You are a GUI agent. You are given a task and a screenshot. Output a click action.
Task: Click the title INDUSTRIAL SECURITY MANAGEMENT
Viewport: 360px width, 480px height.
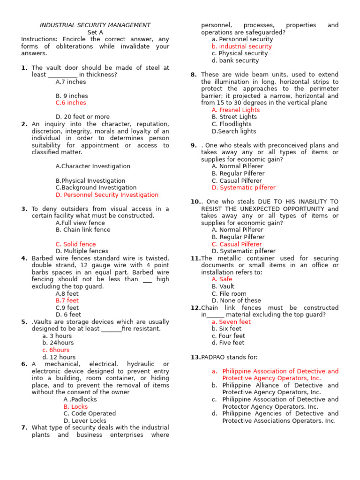tap(95, 25)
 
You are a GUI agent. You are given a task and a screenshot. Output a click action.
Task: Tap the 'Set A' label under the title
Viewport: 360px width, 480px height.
tap(95, 32)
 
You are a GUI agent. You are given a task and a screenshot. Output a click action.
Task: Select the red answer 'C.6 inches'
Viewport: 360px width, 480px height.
tap(71, 103)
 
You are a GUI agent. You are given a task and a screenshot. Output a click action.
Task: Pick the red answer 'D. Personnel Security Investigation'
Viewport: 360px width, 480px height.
tap(107, 195)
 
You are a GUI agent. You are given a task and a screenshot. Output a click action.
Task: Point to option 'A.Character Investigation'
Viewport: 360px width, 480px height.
tap(93, 166)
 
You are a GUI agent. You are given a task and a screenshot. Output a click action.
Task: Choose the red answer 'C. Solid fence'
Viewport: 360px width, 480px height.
tap(75, 244)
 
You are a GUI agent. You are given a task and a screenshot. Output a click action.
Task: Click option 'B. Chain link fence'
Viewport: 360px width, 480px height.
tap(83, 230)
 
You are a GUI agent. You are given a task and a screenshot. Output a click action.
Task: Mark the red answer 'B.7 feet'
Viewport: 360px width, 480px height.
tap(67, 301)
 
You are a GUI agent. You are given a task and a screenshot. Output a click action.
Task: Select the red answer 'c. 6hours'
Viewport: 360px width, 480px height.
tap(56, 350)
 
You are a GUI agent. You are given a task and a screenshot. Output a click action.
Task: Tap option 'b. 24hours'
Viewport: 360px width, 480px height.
tap(58, 343)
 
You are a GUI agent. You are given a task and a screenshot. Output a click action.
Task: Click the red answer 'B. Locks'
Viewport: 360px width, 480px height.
tap(75, 407)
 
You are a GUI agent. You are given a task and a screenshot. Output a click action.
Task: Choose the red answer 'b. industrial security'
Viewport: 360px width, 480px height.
tap(241, 46)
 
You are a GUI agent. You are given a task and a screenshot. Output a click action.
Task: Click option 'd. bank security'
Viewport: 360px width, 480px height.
tap(235, 60)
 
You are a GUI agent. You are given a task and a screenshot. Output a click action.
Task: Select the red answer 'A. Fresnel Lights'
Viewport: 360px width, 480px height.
tap(235, 110)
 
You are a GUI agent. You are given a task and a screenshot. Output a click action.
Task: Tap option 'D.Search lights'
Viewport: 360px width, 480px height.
tap(234, 131)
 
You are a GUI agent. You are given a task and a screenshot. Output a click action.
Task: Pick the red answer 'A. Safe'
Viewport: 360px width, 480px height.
tap(222, 279)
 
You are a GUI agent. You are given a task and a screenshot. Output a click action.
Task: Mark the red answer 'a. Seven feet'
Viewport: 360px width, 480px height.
tap(231, 322)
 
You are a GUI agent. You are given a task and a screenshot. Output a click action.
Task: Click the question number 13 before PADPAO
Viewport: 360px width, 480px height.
tap(195, 357)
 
